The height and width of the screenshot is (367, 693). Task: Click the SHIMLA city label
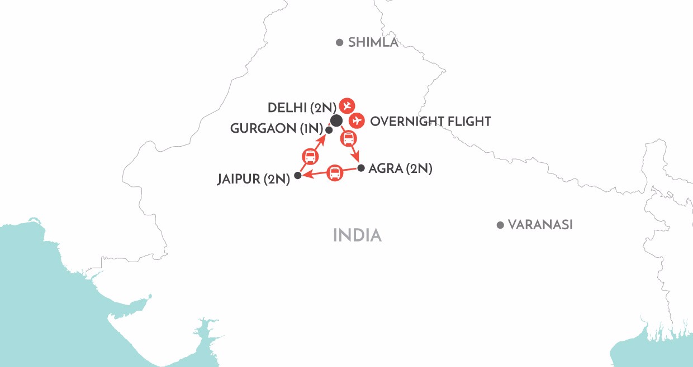373,42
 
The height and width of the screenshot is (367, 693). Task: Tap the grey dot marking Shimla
339,42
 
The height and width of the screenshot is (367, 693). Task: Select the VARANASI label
540,225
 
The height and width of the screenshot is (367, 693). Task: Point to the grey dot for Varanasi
500,225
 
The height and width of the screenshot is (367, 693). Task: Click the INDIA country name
357,235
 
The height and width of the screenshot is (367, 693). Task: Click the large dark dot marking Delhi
336,120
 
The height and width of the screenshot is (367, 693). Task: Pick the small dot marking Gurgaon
329,130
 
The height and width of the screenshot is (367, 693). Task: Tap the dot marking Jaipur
298,175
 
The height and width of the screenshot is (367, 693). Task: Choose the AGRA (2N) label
401,168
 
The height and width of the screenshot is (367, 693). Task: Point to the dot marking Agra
361,167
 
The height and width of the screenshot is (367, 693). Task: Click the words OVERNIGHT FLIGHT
431,121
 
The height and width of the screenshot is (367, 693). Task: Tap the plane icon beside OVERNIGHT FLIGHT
357,120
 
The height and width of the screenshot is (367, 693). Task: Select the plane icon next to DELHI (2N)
348,105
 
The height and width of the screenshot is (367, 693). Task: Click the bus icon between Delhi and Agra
348,138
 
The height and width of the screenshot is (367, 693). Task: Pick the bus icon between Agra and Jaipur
334,172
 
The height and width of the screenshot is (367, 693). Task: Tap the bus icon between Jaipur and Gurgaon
310,156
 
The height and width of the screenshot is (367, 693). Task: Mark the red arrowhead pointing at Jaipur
306,175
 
